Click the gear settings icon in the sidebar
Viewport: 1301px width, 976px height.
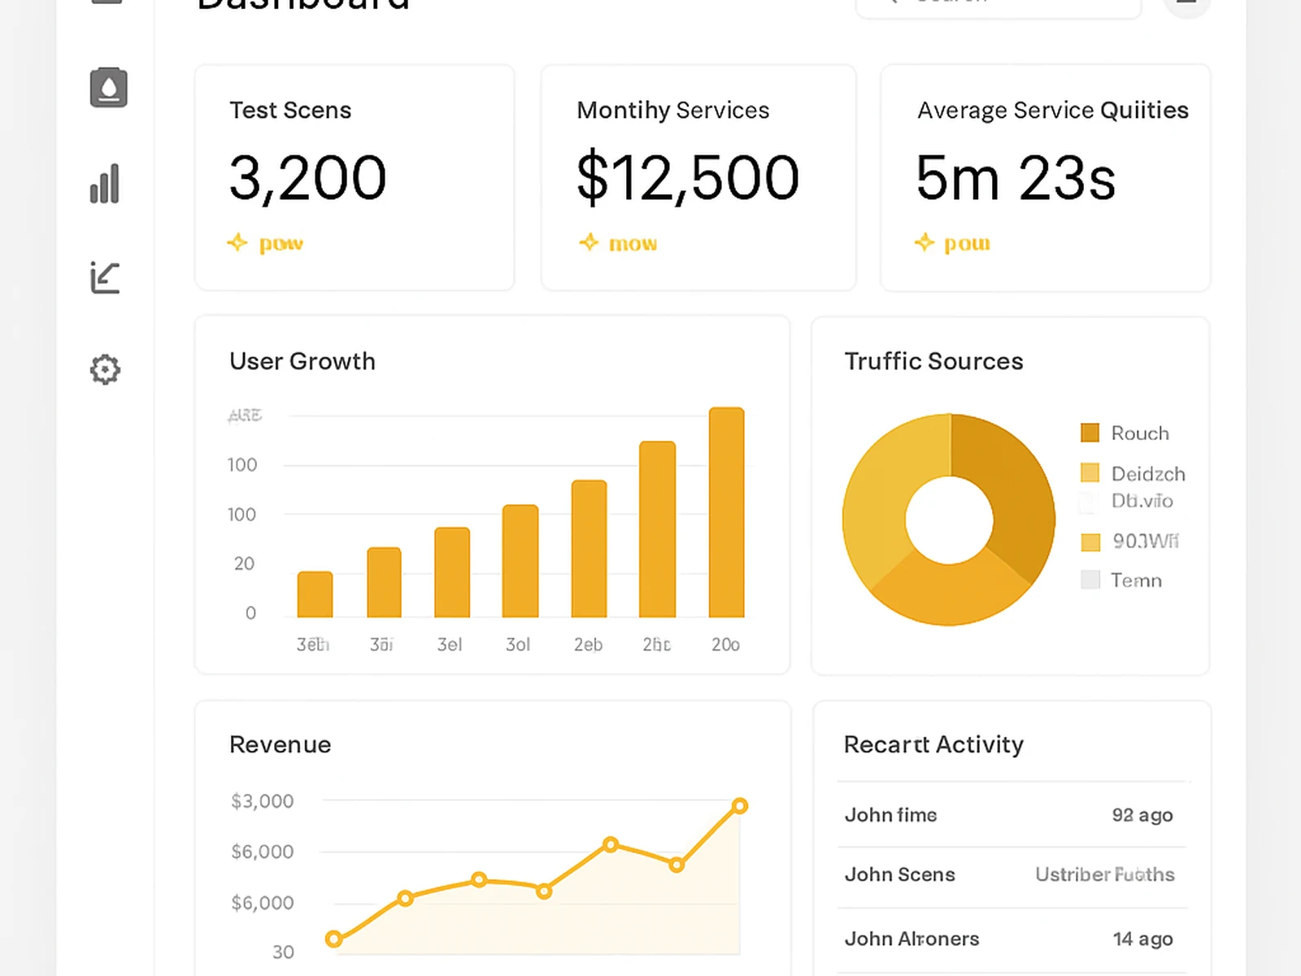pos(105,369)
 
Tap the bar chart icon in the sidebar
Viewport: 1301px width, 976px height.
pos(105,184)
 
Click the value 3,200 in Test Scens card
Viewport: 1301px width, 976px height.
pos(307,177)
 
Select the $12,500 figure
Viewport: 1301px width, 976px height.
pos(688,177)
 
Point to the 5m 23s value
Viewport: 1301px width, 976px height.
pos(1016,177)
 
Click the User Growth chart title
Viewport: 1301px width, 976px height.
pos(302,361)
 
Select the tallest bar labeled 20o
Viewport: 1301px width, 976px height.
pos(726,512)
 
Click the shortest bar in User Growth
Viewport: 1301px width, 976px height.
pos(315,595)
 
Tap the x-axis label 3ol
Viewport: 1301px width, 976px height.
pos(518,645)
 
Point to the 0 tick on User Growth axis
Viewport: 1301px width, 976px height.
pos(250,613)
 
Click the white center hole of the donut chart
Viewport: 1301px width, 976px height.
pos(949,520)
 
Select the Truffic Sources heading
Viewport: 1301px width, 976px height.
pos(933,361)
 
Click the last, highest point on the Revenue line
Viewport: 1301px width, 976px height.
pos(739,806)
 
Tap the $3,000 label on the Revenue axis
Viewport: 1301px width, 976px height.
pos(262,801)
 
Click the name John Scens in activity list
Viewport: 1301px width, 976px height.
pos(899,874)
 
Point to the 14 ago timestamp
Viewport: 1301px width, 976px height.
pos(1142,939)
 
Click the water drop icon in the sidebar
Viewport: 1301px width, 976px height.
pos(108,87)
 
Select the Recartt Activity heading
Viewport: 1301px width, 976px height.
pos(933,744)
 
